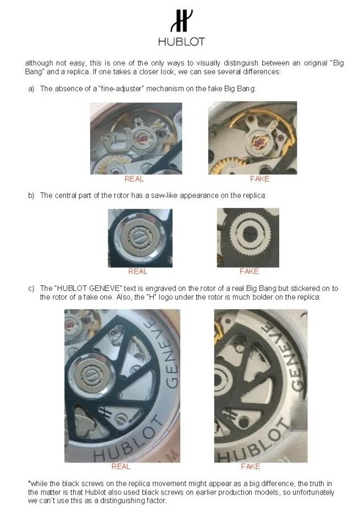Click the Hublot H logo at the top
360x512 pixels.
tap(181, 20)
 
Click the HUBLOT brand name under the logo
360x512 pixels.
tap(181, 42)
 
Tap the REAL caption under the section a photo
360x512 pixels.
tap(134, 179)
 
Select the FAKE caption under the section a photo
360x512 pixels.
tap(260, 179)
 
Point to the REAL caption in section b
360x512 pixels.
tap(138, 271)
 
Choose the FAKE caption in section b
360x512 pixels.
tap(249, 271)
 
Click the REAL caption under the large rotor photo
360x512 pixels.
tap(121, 466)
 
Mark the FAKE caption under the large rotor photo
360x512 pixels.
tap(251, 466)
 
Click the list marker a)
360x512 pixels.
tap(31, 89)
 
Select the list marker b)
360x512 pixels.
tap(31, 196)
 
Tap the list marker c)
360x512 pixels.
tap(31, 289)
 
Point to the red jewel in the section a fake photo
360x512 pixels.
tap(258, 144)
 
